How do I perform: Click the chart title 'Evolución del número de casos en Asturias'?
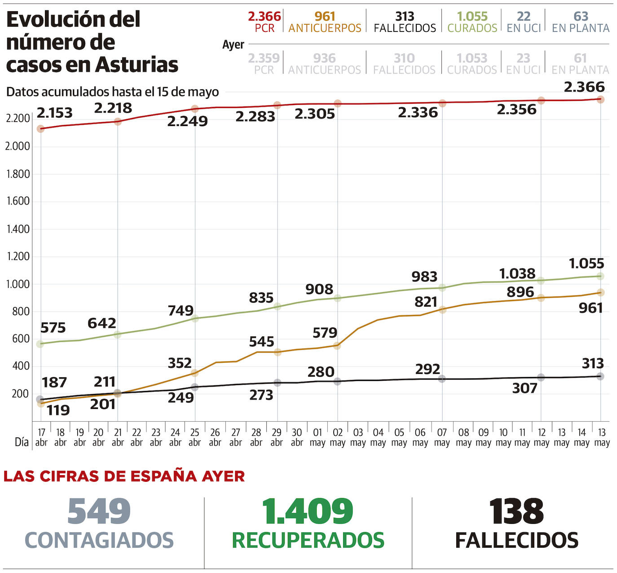click(x=92, y=42)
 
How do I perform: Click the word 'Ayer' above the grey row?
click(x=233, y=45)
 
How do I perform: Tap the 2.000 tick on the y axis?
click(x=18, y=146)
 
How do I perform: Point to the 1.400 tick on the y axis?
click(x=18, y=229)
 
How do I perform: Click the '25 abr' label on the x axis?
click(x=194, y=437)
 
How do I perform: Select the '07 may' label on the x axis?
click(x=442, y=437)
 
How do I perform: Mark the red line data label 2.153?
click(x=54, y=113)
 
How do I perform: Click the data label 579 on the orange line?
click(x=325, y=333)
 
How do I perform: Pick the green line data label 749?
click(x=181, y=310)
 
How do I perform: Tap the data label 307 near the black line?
click(x=524, y=388)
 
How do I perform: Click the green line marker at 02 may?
click(x=337, y=298)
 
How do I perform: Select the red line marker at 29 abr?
click(x=278, y=105)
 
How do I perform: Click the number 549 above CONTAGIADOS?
click(x=99, y=511)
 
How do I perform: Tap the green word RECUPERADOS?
click(x=308, y=540)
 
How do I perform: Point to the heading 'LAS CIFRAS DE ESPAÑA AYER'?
click(x=124, y=476)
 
